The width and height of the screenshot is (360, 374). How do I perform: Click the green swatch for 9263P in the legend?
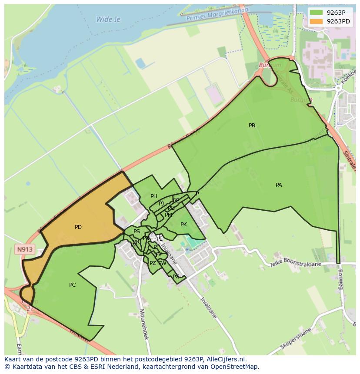pyautogui.click(x=317, y=13)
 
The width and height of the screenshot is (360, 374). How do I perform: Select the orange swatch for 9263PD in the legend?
pyautogui.click(x=317, y=21)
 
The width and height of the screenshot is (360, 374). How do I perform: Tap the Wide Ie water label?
pyautogui.click(x=108, y=20)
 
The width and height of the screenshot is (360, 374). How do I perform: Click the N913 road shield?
pyautogui.click(x=25, y=250)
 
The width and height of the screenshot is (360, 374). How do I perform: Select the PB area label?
pyautogui.click(x=252, y=126)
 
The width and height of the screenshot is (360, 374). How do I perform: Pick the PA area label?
pyautogui.click(x=279, y=185)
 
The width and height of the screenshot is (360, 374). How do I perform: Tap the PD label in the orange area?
pyautogui.click(x=78, y=227)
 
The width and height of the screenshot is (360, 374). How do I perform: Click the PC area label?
pyautogui.click(x=73, y=285)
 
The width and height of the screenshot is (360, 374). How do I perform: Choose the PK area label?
pyautogui.click(x=183, y=225)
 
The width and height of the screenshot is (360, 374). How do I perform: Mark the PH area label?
pyautogui.click(x=153, y=196)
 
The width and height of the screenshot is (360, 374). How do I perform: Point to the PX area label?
pyautogui.click(x=176, y=276)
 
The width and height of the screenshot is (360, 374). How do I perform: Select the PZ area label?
pyautogui.click(x=153, y=263)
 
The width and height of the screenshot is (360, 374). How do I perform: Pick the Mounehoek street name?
pyautogui.click(x=144, y=324)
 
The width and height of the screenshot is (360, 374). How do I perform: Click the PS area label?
pyautogui.click(x=137, y=232)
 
